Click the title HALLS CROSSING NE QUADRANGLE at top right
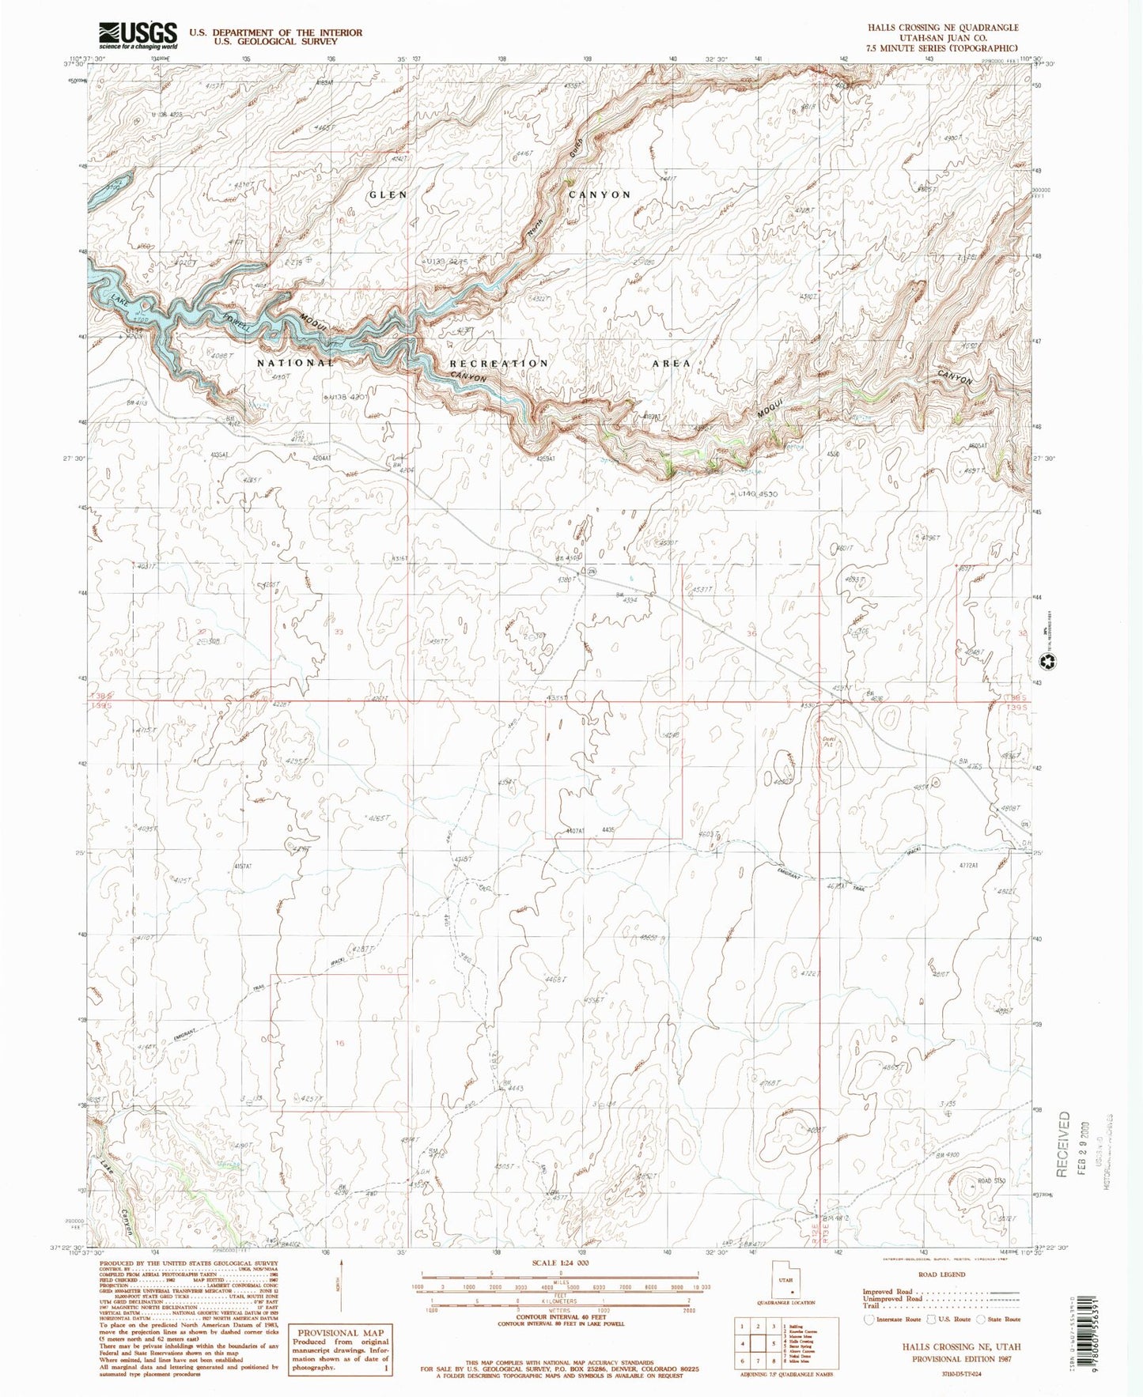coord(942,27)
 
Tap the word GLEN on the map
coord(388,194)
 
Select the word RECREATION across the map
coord(498,363)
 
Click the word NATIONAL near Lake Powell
coord(295,363)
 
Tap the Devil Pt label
coord(829,742)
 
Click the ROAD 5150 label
coord(991,1181)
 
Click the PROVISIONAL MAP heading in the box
coord(339,1332)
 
